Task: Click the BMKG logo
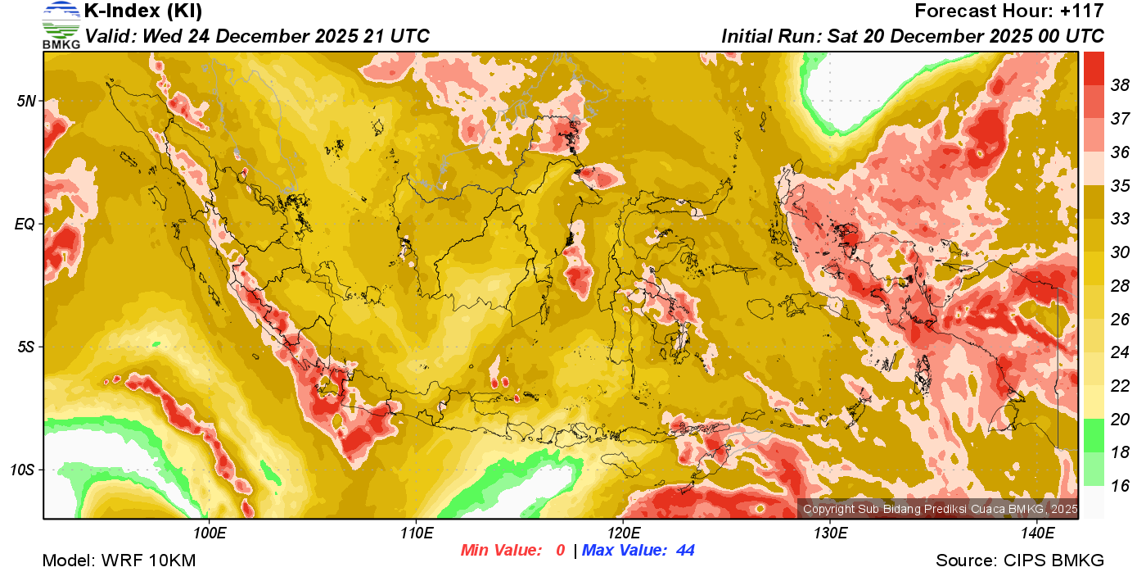pos(61,25)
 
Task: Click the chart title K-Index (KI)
pos(143,11)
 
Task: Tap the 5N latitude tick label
pos(27,102)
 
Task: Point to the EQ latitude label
pos(25,225)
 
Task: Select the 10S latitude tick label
pos(24,470)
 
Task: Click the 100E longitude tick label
pos(209,533)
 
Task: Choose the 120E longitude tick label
pos(623,533)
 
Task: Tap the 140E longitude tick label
pos(1037,533)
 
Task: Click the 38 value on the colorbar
pos(1120,84)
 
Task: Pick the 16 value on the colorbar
pos(1120,486)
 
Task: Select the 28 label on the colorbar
pos(1120,285)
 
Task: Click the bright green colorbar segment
pos(1094,435)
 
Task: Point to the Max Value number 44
pos(685,551)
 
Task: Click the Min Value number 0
pos(560,551)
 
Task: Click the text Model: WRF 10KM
pos(119,561)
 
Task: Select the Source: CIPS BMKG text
pos(1020,561)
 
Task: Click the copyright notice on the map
pos(939,509)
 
